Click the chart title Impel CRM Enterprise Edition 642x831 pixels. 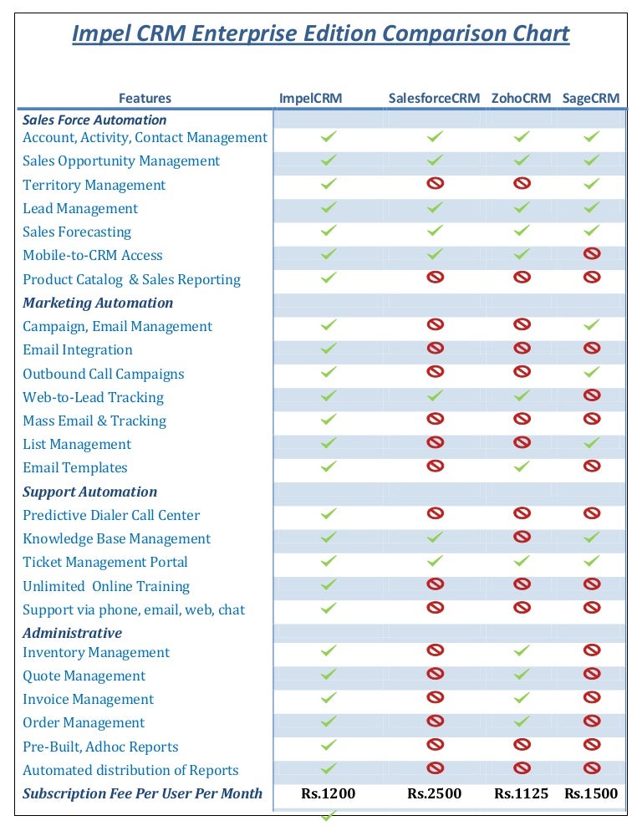pyautogui.click(x=321, y=34)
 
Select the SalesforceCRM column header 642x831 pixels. pyautogui.click(x=434, y=98)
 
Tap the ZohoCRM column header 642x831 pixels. pyautogui.click(x=521, y=98)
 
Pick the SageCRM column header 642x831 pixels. pyautogui.click(x=591, y=98)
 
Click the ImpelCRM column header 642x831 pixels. pyautogui.click(x=310, y=98)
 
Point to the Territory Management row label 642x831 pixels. pyautogui.click(x=94, y=185)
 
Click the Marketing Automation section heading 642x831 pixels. pyautogui.click(x=98, y=303)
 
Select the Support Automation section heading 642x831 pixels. pyautogui.click(x=89, y=492)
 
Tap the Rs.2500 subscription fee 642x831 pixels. pyautogui.click(x=434, y=793)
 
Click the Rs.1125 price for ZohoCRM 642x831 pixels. pyautogui.click(x=521, y=793)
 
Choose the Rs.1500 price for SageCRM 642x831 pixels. pyautogui.click(x=591, y=793)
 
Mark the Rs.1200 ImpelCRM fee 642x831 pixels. pyautogui.click(x=328, y=793)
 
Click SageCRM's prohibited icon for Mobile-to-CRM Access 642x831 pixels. pyautogui.click(x=592, y=253)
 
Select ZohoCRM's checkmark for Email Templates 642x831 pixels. pyautogui.click(x=522, y=466)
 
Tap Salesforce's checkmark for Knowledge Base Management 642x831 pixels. pyautogui.click(x=435, y=537)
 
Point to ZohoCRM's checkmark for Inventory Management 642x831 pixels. pyautogui.click(x=522, y=650)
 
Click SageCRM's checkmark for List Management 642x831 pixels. pyautogui.click(x=592, y=442)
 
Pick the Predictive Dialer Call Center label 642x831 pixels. pyautogui.click(x=110, y=515)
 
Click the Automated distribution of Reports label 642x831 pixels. pyautogui.click(x=130, y=770)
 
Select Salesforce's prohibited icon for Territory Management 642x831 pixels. pyautogui.click(x=435, y=182)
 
